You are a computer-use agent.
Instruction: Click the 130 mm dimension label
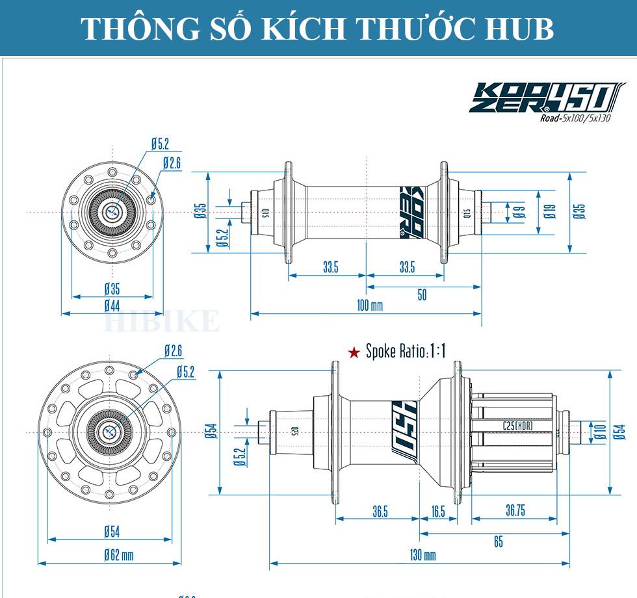pyautogui.click(x=422, y=554)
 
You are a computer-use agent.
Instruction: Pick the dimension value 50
pyautogui.click(x=422, y=296)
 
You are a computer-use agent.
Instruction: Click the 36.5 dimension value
pyautogui.click(x=380, y=512)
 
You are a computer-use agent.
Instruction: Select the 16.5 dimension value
pyautogui.click(x=438, y=512)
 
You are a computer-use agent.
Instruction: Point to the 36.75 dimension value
pyautogui.click(x=515, y=510)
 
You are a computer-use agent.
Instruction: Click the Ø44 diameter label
pyautogui.click(x=112, y=305)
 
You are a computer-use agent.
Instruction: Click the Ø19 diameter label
pyautogui.click(x=549, y=211)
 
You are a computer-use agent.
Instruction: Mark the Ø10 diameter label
pyautogui.click(x=600, y=431)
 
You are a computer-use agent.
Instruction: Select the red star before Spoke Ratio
pyautogui.click(x=354, y=352)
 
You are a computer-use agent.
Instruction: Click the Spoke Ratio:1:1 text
pyautogui.click(x=406, y=352)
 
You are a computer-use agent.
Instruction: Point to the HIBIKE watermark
pyautogui.click(x=162, y=321)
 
